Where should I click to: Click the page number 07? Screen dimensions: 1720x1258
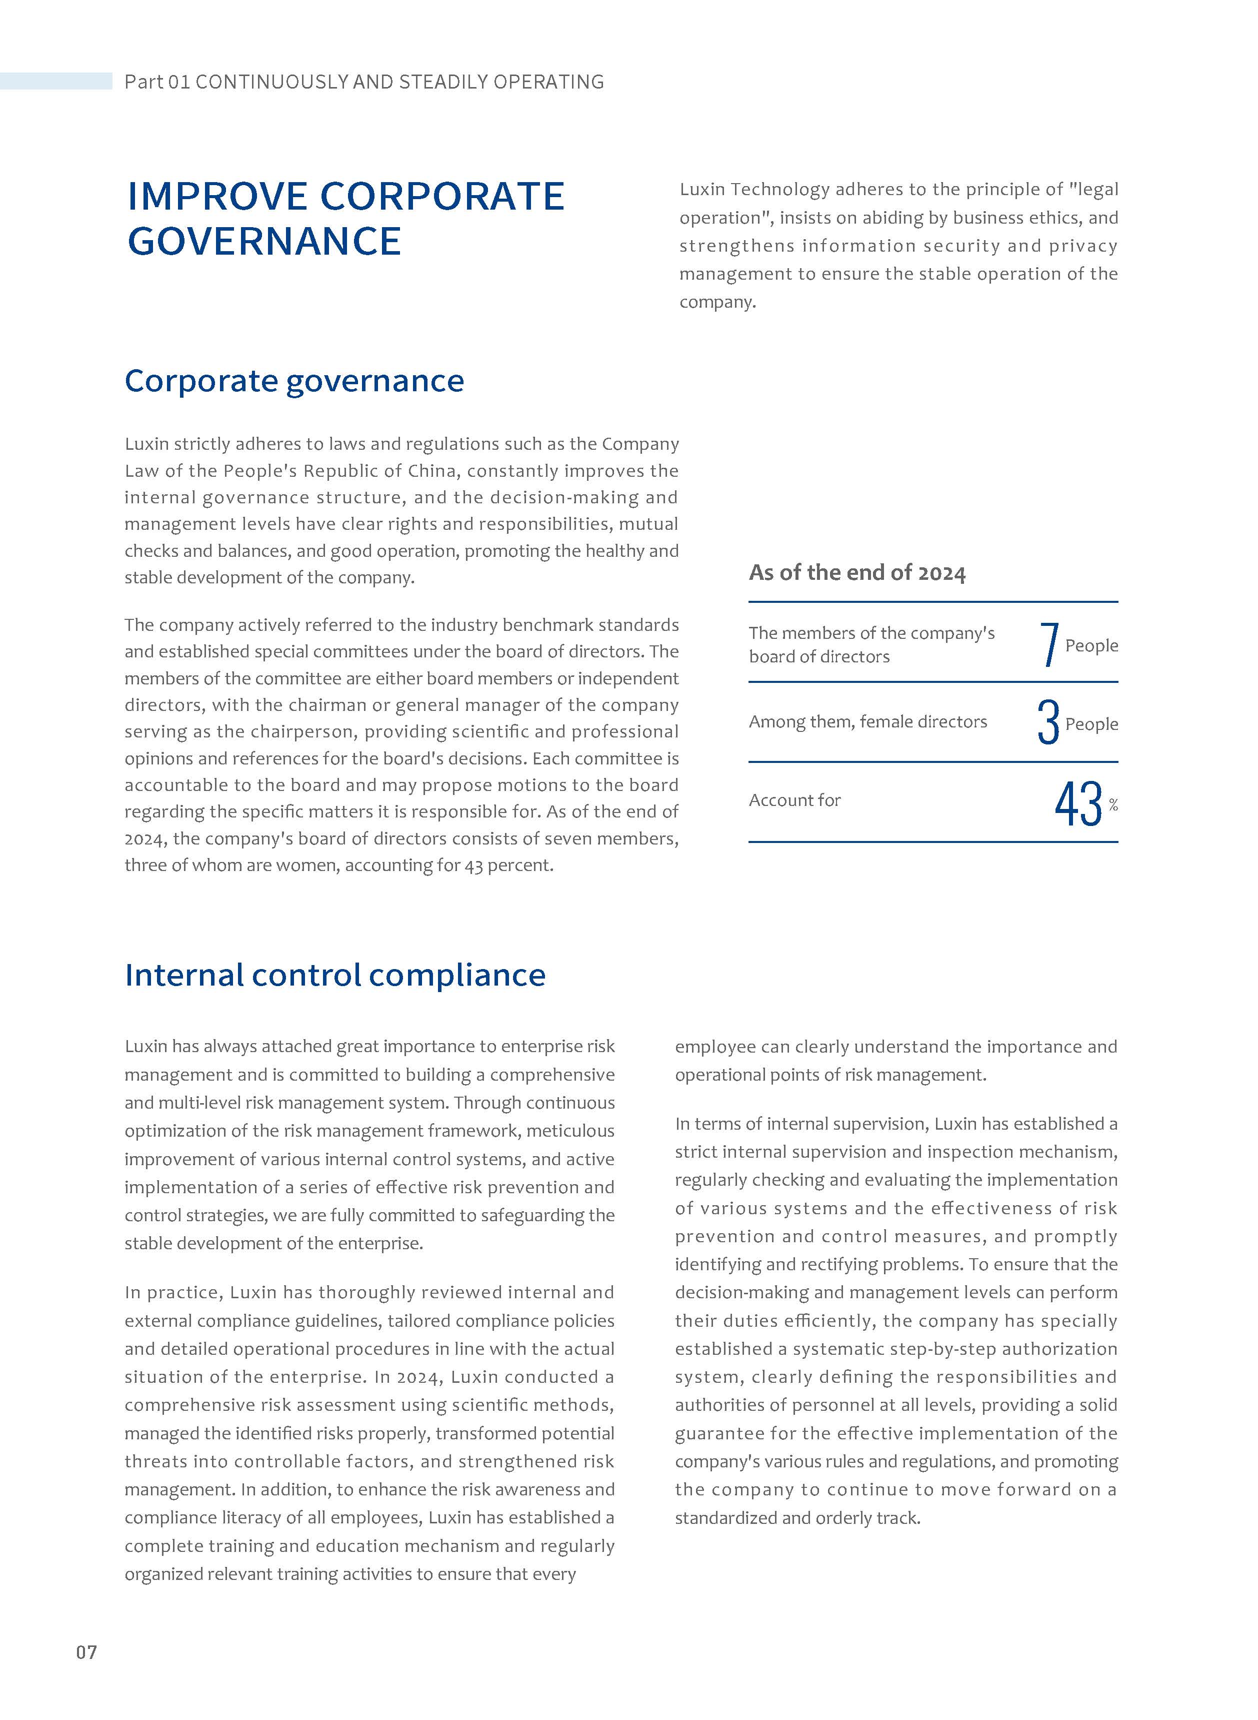(86, 1651)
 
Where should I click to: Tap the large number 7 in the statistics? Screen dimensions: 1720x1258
(1049, 644)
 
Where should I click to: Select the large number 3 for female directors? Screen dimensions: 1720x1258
(1048, 722)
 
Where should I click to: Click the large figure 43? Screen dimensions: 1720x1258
(1078, 803)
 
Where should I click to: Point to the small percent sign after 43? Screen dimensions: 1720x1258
(1113, 805)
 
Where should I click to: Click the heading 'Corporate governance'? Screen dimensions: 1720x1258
(294, 381)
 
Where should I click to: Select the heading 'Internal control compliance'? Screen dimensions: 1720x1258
(335, 975)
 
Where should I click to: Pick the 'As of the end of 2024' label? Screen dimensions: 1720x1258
(856, 573)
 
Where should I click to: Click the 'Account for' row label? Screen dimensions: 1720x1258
(794, 800)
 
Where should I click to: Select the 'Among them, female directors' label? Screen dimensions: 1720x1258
(867, 721)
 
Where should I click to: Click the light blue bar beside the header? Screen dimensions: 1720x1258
(55, 81)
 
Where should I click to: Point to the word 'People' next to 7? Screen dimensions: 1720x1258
(1091, 645)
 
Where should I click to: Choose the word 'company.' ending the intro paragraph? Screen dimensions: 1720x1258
(717, 302)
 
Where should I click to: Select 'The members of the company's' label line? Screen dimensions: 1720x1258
(871, 633)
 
